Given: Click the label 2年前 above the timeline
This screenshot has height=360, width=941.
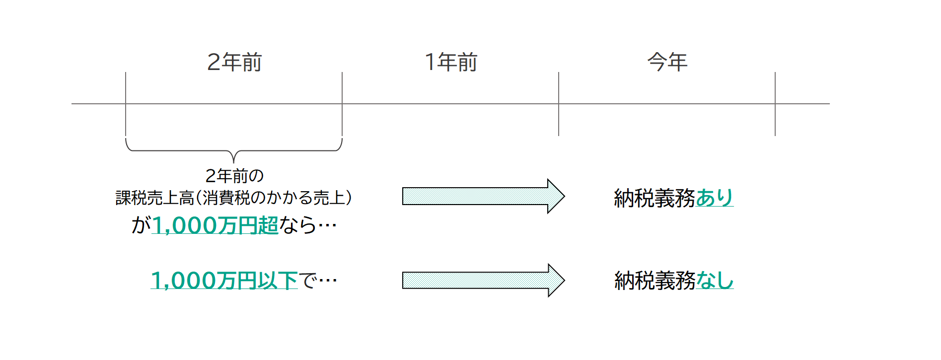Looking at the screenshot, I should pyautogui.click(x=234, y=62).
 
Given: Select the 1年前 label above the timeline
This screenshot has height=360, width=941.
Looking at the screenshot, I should pyautogui.click(x=450, y=62).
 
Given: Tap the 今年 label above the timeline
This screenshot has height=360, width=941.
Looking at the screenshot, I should pyautogui.click(x=667, y=62).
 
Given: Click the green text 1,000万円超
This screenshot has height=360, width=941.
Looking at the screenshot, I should pyautogui.click(x=215, y=225).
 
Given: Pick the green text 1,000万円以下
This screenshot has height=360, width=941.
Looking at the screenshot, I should pyautogui.click(x=224, y=281).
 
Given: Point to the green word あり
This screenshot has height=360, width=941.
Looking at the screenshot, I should pyautogui.click(x=715, y=198).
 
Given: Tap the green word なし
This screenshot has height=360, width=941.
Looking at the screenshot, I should pyautogui.click(x=715, y=281).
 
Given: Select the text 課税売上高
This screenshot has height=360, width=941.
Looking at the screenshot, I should pyautogui.click(x=154, y=198).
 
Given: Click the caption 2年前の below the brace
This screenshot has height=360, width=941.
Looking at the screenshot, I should pyautogui.click(x=234, y=176).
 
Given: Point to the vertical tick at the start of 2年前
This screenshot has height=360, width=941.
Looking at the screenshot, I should pyautogui.click(x=126, y=104).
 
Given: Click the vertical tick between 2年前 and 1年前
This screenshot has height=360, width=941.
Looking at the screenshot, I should pyautogui.click(x=342, y=104).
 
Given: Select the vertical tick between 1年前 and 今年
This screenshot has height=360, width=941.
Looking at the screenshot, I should pyautogui.click(x=559, y=104).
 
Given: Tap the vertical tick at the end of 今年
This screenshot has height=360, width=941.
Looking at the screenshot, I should pyautogui.click(x=775, y=104).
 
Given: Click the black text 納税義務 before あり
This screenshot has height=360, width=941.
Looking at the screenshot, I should pyautogui.click(x=654, y=198).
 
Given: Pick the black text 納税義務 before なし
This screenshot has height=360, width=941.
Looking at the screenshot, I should pyautogui.click(x=654, y=281).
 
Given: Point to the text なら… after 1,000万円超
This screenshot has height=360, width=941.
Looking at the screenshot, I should pyautogui.click(x=308, y=225).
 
